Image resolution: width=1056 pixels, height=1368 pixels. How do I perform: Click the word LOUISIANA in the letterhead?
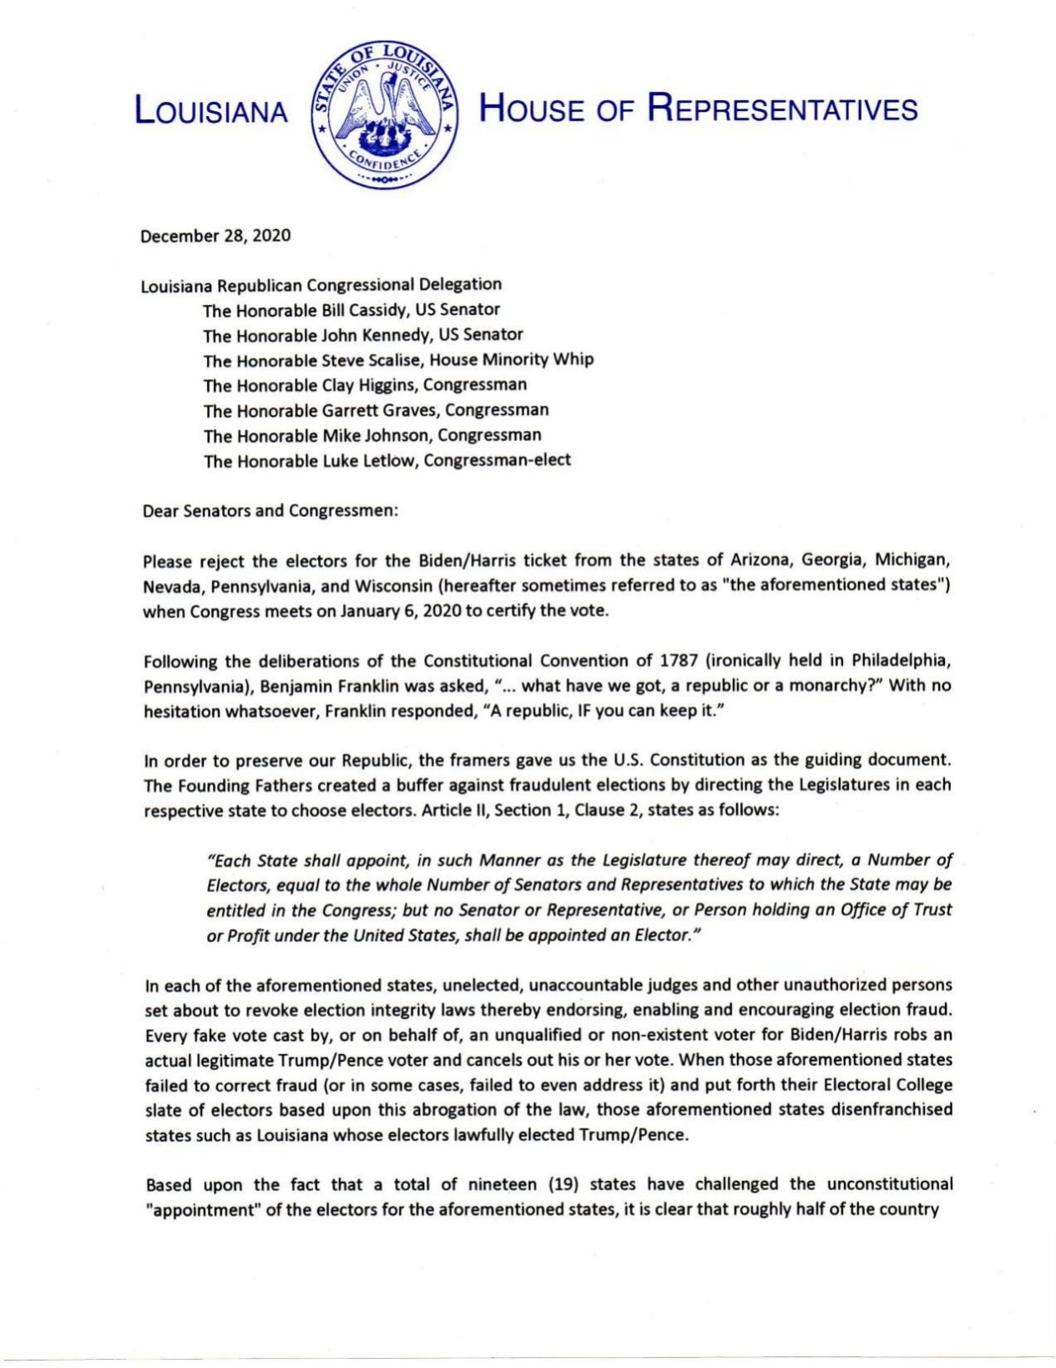tap(211, 111)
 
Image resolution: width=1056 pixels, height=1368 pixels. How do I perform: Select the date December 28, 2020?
tap(215, 236)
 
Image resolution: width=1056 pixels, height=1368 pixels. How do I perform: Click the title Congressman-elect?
tap(498, 460)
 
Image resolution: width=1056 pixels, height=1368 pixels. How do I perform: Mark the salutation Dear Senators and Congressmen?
tap(270, 510)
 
